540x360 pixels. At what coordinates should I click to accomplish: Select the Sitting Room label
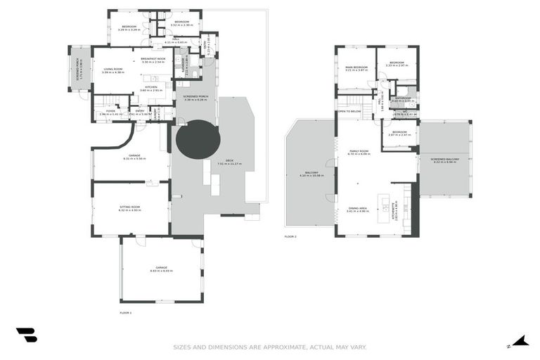point(131,208)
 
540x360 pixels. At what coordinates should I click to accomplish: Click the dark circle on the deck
point(198,139)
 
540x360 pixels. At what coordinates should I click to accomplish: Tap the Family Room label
point(359,151)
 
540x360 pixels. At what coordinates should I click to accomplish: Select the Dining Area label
point(358,209)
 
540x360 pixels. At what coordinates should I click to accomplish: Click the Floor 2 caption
point(290,237)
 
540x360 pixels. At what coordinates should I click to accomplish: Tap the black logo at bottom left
point(26,335)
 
